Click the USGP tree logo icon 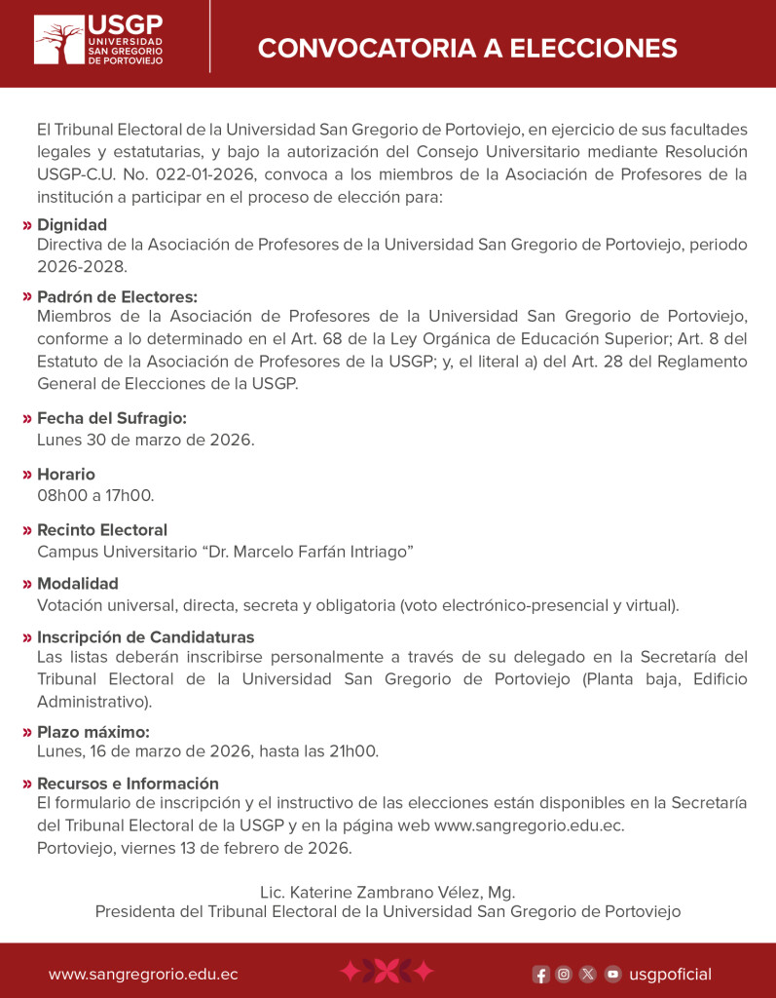58,41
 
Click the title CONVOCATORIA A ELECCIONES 466,48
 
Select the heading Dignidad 72,225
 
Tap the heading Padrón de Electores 117,297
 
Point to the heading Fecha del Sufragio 111,418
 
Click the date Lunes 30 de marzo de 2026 145,440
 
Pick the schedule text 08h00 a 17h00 95,495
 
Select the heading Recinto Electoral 102,530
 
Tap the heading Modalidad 78,584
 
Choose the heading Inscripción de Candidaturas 145,637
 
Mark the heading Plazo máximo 93,732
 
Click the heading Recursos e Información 128,784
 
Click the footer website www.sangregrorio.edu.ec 143,974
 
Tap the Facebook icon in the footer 540,974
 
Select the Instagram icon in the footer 564,974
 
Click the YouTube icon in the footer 612,974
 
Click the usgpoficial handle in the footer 671,974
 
